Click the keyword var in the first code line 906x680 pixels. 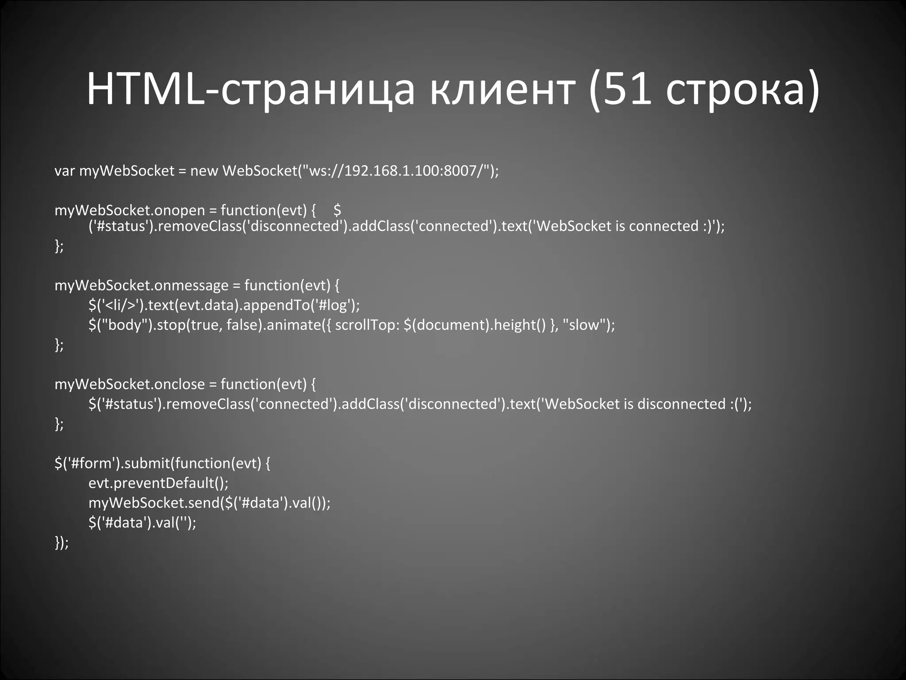point(64,171)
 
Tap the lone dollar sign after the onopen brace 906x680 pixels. point(338,210)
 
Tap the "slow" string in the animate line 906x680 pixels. point(584,325)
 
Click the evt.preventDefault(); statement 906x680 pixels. point(158,483)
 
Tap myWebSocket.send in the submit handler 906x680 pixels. point(154,503)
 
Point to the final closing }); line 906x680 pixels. point(61,543)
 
